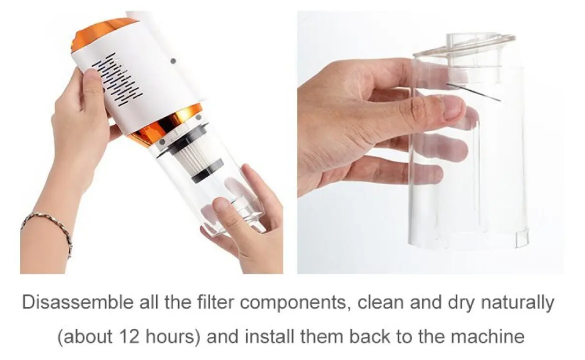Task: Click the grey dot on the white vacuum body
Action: [172, 61]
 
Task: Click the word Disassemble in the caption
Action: [77, 302]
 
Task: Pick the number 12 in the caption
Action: [129, 336]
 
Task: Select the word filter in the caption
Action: [216, 302]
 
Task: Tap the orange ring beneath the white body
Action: [168, 123]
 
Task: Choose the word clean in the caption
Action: [381, 302]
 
